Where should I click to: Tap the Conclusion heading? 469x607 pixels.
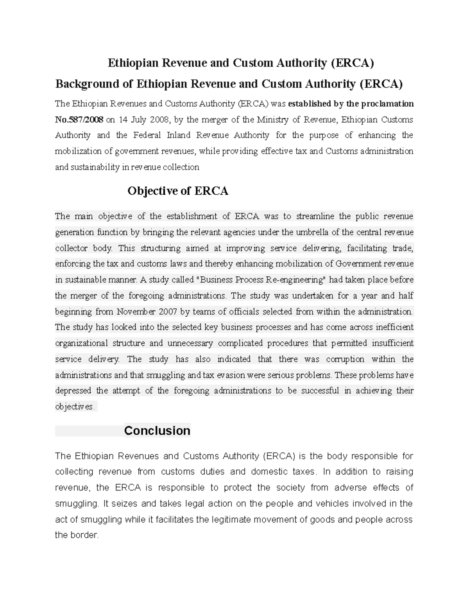[x=157, y=430]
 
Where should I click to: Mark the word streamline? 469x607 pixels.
[x=316, y=216]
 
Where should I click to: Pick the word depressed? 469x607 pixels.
[x=73, y=390]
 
